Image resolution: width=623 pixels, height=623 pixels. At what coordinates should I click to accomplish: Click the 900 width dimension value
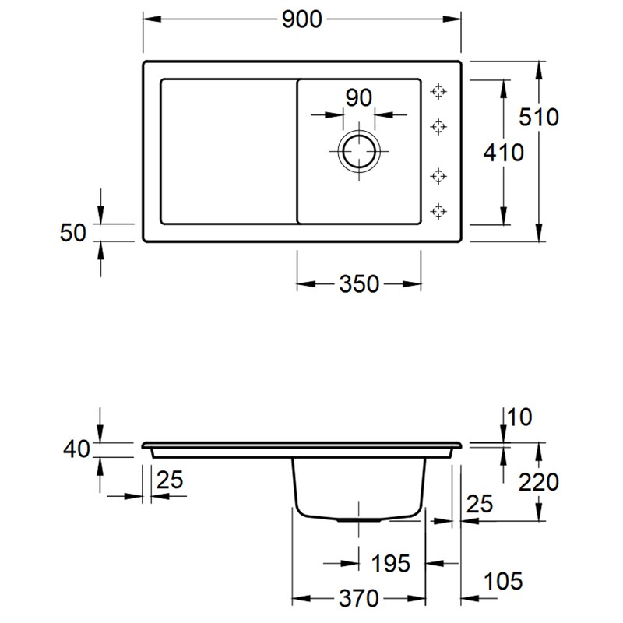point(301,21)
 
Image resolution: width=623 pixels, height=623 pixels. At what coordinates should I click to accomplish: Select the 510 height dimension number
point(540,118)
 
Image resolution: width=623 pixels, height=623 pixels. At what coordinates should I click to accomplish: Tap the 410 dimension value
point(503,153)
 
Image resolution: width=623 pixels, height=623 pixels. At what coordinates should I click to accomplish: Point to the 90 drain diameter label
point(358,98)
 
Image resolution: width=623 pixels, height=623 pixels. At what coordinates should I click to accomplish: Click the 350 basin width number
point(359,284)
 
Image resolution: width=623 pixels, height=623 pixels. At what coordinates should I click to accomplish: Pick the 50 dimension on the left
point(73,231)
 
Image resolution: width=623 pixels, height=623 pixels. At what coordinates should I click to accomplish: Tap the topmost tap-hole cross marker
point(439,91)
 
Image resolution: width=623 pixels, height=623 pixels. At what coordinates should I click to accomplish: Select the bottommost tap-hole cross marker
point(439,211)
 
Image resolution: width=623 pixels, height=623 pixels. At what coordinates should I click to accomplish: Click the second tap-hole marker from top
point(439,126)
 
